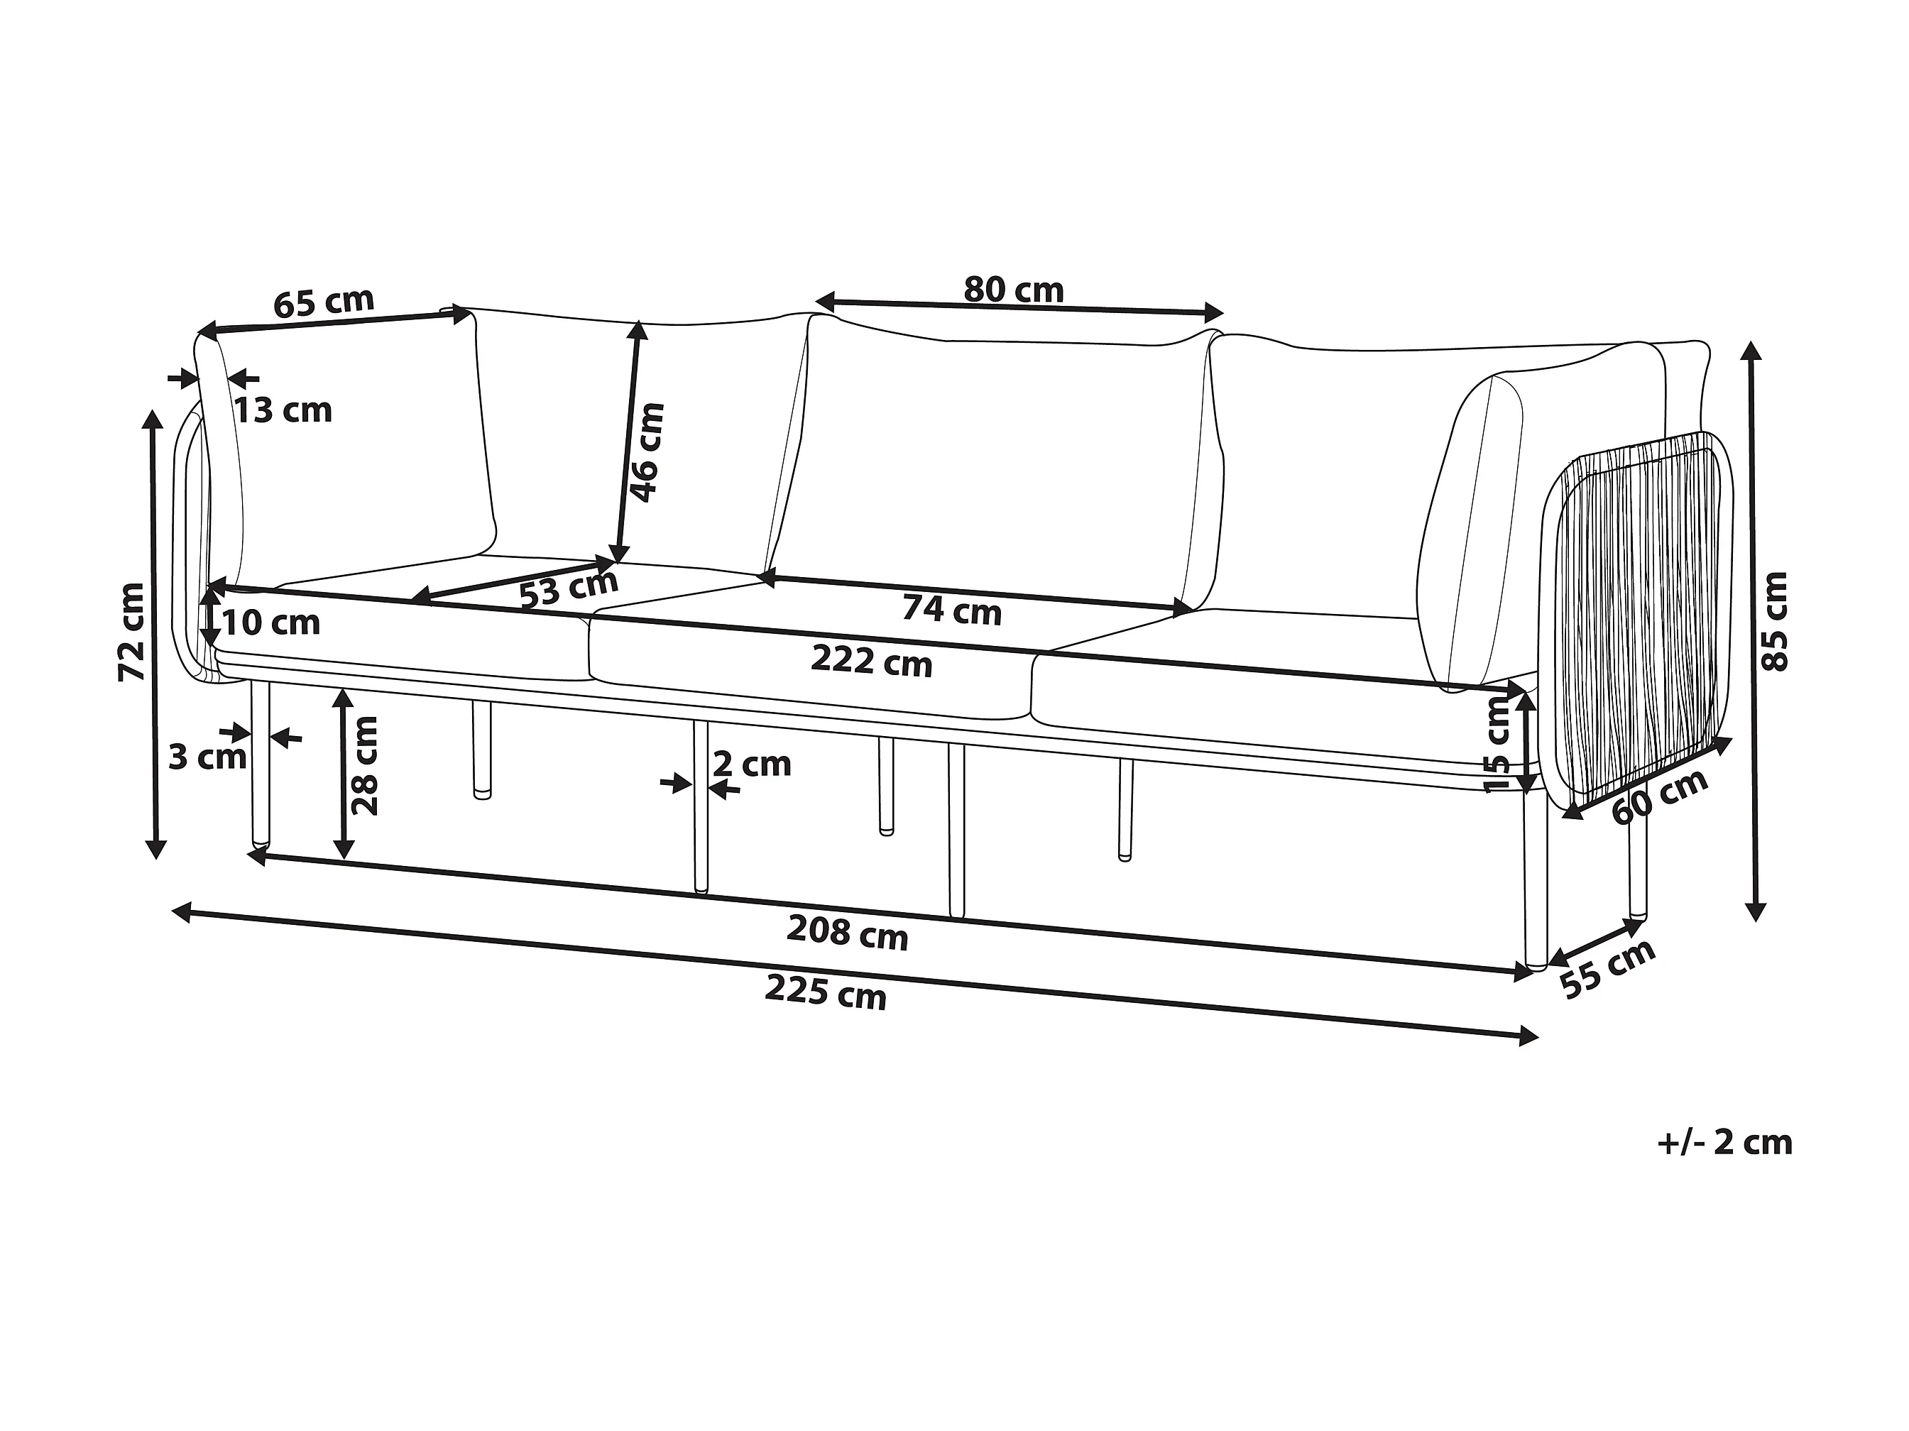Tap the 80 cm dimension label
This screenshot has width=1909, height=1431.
1013,290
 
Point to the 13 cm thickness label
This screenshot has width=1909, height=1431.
283,411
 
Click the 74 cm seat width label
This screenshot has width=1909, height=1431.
951,610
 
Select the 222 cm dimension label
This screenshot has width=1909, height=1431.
872,662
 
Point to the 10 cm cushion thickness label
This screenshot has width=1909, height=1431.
271,623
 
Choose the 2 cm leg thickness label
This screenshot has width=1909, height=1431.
752,764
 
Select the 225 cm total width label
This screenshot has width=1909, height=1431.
825,992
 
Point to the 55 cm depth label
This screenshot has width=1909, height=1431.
1608,968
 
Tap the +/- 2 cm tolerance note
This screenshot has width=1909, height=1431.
1724,1143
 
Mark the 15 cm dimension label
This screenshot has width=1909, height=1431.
1497,744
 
